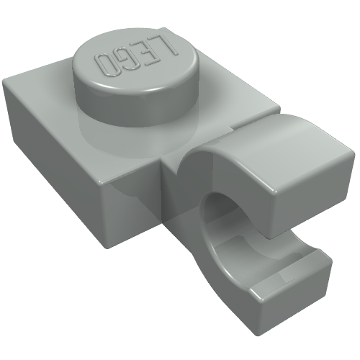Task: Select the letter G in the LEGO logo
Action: click(x=130, y=60)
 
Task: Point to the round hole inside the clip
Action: click(x=220, y=216)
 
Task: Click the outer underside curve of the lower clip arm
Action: click(x=216, y=281)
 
